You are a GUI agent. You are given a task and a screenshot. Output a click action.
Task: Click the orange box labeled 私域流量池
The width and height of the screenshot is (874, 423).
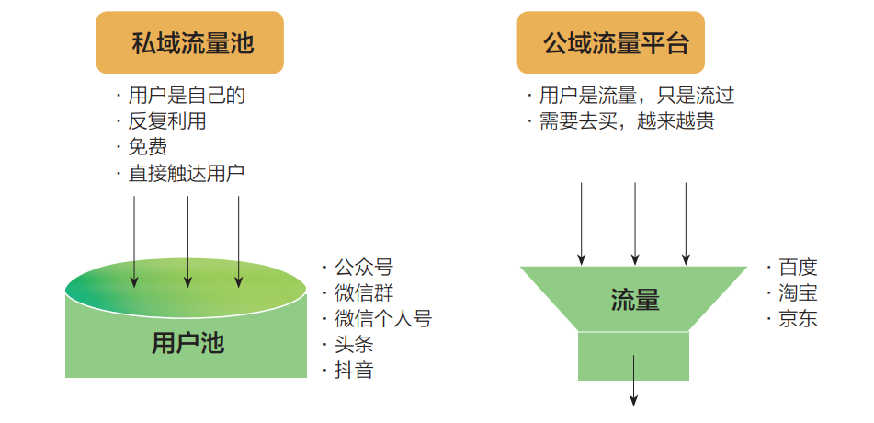pyautogui.click(x=189, y=42)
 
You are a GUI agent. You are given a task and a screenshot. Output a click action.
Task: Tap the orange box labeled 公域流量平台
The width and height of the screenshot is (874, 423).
pyautogui.click(x=610, y=42)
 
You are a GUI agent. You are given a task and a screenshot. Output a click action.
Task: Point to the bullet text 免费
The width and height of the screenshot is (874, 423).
pyautogui.click(x=147, y=147)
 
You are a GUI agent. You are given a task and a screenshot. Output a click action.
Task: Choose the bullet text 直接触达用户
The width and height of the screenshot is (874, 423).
pyautogui.click(x=187, y=173)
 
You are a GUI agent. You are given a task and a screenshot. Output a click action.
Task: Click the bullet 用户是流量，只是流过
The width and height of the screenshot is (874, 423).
pyautogui.click(x=636, y=95)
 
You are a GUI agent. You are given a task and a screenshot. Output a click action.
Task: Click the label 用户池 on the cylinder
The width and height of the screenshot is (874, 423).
pyautogui.click(x=187, y=343)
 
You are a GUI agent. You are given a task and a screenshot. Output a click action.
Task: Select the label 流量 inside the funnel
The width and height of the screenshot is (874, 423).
pyautogui.click(x=635, y=299)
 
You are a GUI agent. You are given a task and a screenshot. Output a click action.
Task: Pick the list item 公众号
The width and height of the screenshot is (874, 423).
pyautogui.click(x=363, y=268)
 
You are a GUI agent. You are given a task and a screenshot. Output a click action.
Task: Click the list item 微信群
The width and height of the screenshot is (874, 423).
pyautogui.click(x=363, y=293)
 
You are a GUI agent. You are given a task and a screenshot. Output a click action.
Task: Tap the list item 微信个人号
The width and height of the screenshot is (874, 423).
pyautogui.click(x=382, y=319)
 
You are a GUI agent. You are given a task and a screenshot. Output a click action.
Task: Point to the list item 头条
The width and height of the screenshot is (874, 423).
pyautogui.click(x=354, y=345)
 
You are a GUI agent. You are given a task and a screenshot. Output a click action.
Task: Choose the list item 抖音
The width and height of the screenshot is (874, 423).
pyautogui.click(x=354, y=371)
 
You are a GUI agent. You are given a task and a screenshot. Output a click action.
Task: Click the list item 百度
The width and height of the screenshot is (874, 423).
pyautogui.click(x=797, y=268)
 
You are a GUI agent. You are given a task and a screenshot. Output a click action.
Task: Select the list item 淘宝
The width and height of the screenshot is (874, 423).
pyautogui.click(x=797, y=293)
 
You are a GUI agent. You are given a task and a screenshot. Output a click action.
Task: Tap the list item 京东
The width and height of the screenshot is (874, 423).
pyautogui.click(x=797, y=319)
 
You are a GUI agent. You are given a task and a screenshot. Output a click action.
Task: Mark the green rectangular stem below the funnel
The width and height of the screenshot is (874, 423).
pyautogui.click(x=633, y=356)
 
